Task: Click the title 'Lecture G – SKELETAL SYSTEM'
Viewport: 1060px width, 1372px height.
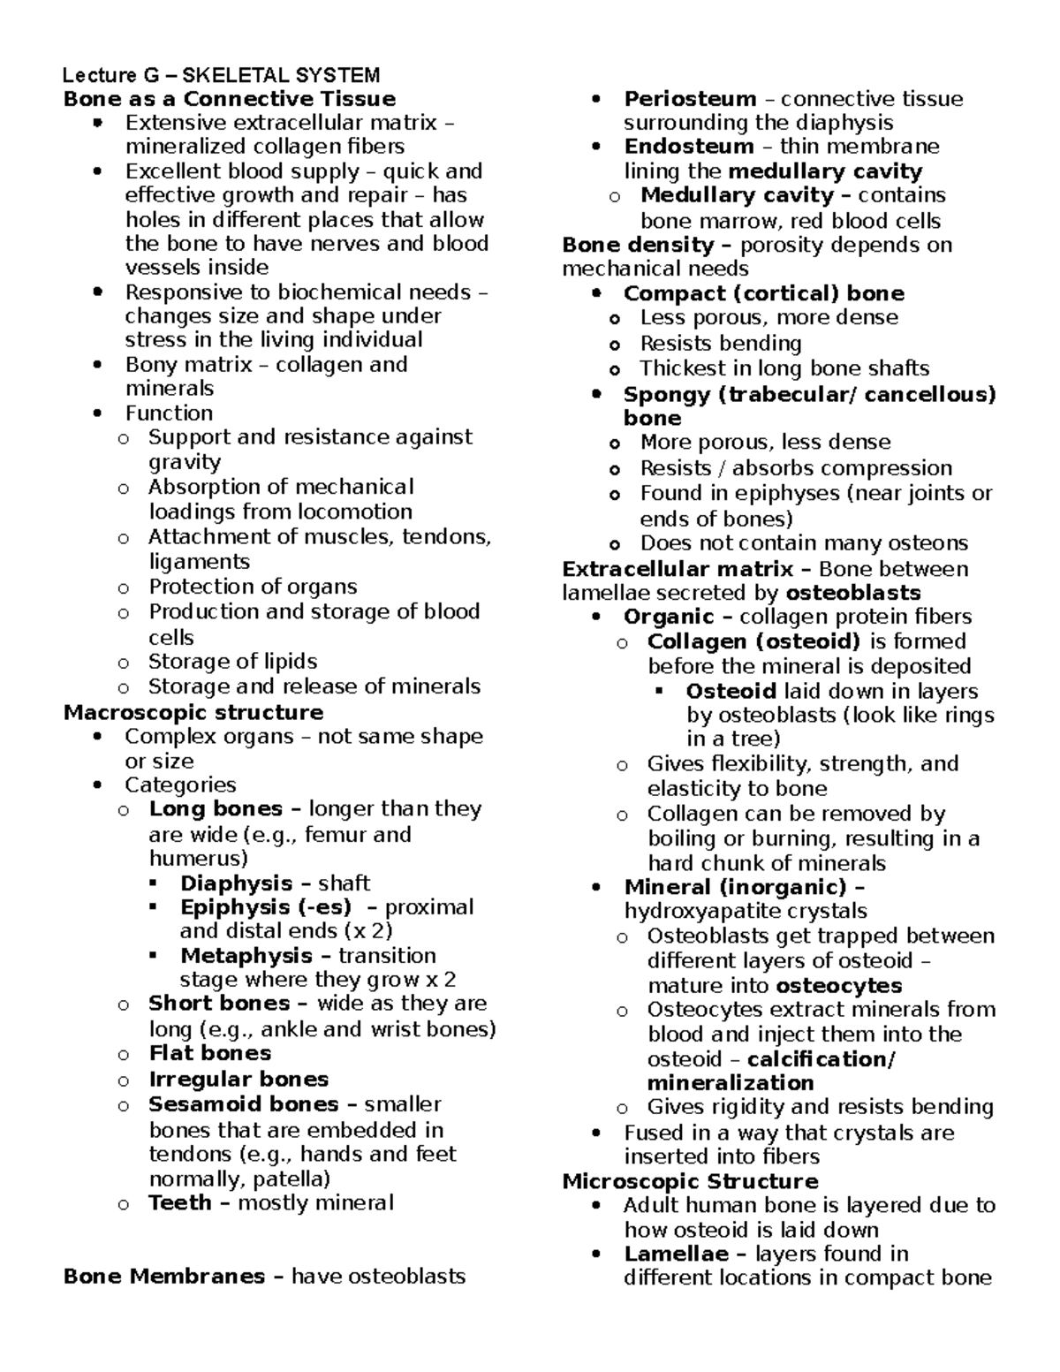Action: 222,75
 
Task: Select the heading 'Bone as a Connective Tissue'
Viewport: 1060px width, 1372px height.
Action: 229,99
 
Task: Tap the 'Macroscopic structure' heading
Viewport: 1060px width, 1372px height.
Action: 193,712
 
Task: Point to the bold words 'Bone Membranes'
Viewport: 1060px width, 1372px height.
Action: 164,1276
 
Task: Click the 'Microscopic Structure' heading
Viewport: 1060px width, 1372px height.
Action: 690,1181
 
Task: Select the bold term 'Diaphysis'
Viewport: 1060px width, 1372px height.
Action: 236,883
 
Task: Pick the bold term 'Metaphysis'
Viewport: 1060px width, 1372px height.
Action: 246,956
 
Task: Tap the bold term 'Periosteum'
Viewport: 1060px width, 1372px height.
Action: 690,99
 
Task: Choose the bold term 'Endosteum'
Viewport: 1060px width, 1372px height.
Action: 688,147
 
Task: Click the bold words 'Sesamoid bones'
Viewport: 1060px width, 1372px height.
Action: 243,1104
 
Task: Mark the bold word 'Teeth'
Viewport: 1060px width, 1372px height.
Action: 180,1202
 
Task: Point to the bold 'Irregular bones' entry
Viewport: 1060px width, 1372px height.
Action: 238,1080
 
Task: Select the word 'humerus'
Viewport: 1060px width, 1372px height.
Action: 194,859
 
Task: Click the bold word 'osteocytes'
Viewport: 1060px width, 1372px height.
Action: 839,986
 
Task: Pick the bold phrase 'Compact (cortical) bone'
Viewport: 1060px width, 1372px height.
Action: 763,293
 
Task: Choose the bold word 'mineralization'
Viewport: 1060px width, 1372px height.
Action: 730,1083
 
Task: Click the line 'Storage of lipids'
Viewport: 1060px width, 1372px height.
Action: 232,662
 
